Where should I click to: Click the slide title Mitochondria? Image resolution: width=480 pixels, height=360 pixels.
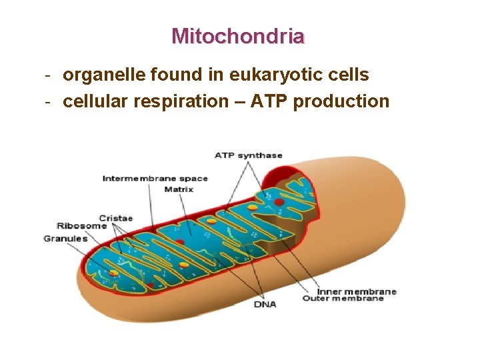[x=238, y=35]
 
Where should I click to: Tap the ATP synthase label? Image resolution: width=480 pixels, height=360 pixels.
[x=249, y=155]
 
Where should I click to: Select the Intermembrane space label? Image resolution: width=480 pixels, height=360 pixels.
[x=155, y=178]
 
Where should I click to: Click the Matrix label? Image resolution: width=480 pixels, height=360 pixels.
[x=179, y=189]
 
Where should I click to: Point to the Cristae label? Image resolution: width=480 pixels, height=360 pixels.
[x=116, y=217]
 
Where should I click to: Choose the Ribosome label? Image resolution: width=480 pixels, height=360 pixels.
[x=81, y=226]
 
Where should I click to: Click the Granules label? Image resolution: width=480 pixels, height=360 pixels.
[x=65, y=238]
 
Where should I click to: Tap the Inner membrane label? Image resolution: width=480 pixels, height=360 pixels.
[x=356, y=291]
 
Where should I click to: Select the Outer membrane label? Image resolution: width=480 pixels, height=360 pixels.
[x=343, y=299]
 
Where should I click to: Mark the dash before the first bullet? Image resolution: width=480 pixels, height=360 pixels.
[x=48, y=75]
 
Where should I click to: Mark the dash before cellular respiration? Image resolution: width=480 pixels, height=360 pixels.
[x=48, y=102]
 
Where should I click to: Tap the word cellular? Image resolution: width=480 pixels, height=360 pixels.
[x=92, y=101]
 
